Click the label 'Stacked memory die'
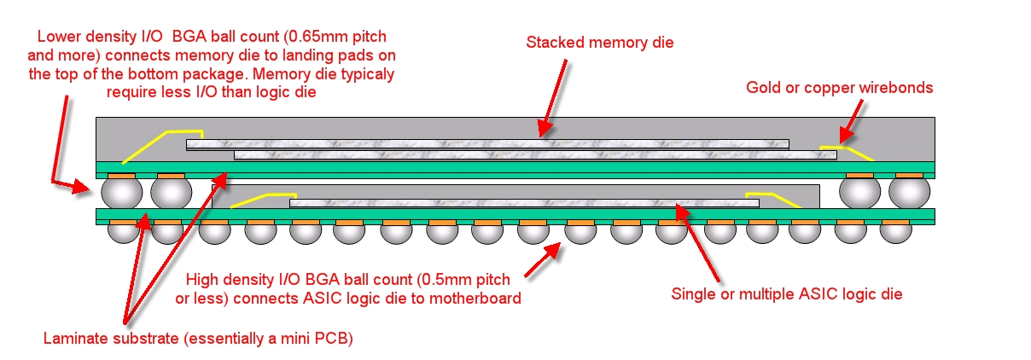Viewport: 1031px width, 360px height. tap(600, 42)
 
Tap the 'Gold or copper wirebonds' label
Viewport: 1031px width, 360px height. tap(839, 87)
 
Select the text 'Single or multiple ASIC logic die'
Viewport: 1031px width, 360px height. tap(787, 294)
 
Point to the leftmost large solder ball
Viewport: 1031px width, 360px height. tap(121, 192)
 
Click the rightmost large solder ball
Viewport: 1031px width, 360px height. tap(909, 192)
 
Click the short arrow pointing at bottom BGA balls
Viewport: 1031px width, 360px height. tap(543, 259)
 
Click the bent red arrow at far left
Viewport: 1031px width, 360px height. tap(65, 145)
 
